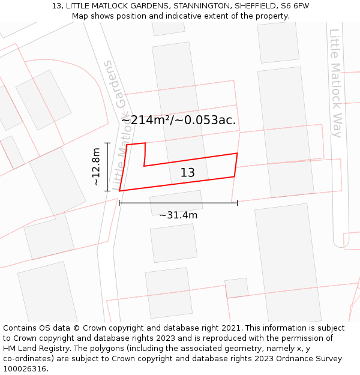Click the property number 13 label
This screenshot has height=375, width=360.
(x=188, y=173)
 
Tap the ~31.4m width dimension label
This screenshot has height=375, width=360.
(x=178, y=215)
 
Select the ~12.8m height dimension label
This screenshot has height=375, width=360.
(x=96, y=167)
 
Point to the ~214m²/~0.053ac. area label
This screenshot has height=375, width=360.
(x=178, y=120)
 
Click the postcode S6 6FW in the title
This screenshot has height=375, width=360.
(x=294, y=6)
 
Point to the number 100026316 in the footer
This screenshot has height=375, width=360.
(x=25, y=369)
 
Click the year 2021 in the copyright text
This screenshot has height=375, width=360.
(x=232, y=328)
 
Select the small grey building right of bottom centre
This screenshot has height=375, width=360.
(x=236, y=288)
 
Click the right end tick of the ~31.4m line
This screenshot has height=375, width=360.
(x=237, y=203)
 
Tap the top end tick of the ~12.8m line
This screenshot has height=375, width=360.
(x=107, y=143)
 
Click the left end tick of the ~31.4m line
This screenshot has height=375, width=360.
(x=119, y=203)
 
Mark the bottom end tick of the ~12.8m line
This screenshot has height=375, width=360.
(x=107, y=191)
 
